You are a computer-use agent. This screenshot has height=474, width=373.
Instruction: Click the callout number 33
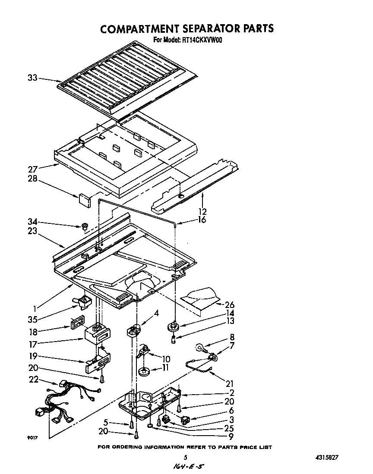(32, 78)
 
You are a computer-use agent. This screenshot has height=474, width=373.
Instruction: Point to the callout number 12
(202, 211)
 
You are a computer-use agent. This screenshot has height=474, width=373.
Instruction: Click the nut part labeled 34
(85, 226)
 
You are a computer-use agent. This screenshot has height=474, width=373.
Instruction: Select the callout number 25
(229, 428)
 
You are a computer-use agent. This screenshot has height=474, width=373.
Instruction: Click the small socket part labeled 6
(185, 419)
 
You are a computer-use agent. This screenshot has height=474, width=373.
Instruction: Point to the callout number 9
(231, 436)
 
